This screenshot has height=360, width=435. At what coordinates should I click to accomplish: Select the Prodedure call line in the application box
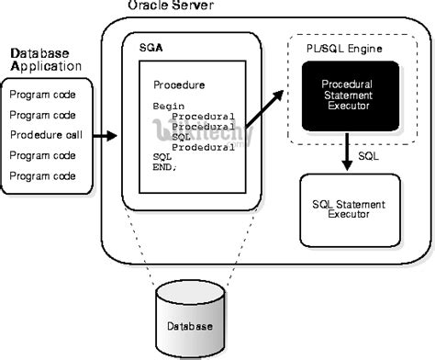[49, 135]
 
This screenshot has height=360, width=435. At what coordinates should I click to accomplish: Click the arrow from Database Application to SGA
[106, 136]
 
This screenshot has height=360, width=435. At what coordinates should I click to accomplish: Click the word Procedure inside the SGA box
[180, 84]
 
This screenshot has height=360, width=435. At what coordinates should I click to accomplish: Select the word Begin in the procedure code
[167, 107]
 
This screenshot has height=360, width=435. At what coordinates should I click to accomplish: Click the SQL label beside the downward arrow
[368, 156]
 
